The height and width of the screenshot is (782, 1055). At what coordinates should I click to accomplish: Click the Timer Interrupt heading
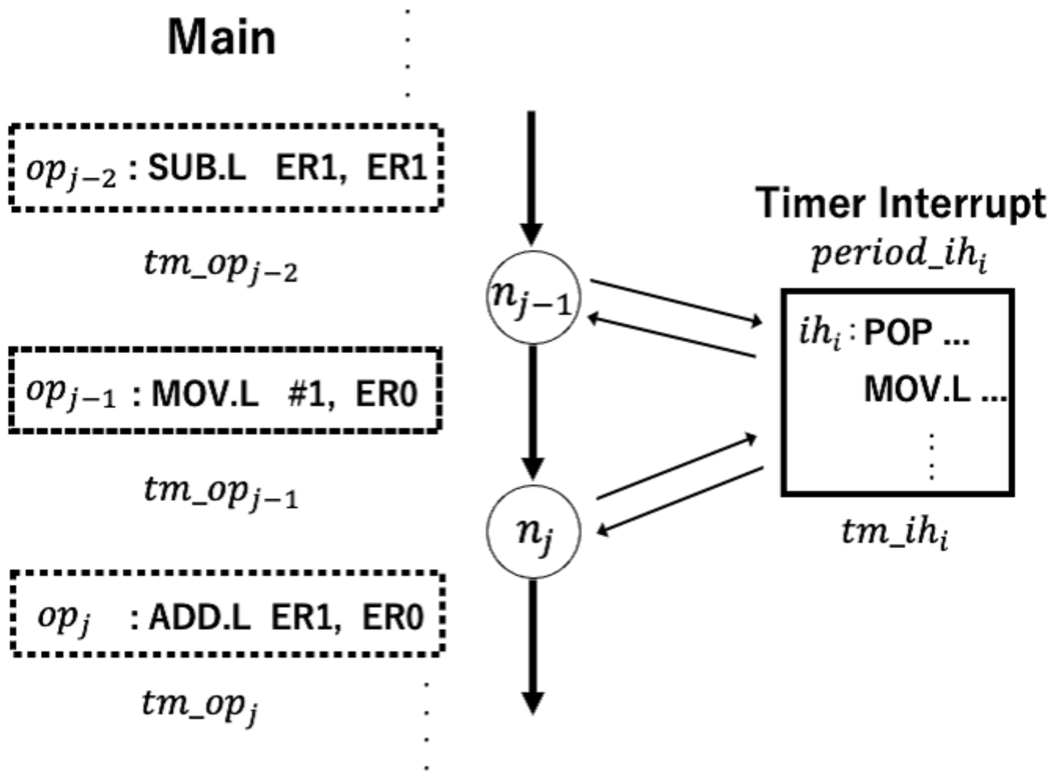(x=900, y=203)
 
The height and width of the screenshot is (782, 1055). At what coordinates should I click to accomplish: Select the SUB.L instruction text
(x=196, y=168)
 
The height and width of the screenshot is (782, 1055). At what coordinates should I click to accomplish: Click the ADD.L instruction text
(x=199, y=617)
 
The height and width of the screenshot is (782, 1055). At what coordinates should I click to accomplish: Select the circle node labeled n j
(x=533, y=531)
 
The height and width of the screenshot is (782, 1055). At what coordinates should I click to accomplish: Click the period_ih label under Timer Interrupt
(x=899, y=255)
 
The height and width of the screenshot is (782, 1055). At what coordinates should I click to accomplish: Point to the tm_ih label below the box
(x=894, y=533)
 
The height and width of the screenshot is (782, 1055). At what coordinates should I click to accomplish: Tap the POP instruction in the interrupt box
(x=898, y=333)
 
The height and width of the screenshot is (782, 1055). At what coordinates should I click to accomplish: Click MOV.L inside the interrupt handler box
(x=917, y=389)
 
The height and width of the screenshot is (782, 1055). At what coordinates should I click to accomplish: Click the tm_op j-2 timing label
(x=220, y=266)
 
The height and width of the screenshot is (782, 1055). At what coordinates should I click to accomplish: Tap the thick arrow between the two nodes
(x=533, y=409)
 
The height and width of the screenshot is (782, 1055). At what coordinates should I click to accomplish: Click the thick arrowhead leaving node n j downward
(x=533, y=703)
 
